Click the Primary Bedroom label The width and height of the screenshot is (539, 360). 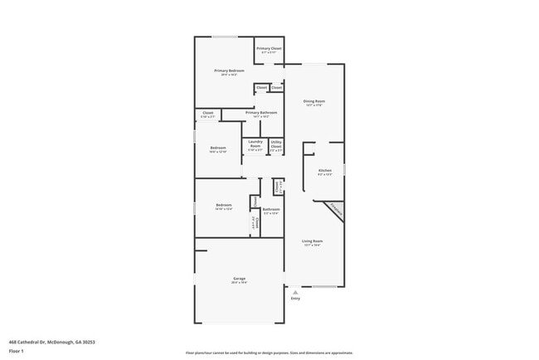coord(229,71)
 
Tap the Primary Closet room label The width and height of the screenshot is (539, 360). coord(269,49)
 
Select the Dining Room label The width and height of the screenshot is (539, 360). coord(314,101)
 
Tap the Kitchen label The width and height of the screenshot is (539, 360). coord(325,170)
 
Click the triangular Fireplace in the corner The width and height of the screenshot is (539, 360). coord(334,209)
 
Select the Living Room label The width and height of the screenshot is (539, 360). coord(313,241)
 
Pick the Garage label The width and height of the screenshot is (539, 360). coord(239,278)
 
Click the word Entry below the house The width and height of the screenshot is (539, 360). coord(295,299)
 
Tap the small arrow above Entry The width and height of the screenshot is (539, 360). coord(295,291)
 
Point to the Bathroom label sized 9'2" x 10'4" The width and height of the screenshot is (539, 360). coord(271,209)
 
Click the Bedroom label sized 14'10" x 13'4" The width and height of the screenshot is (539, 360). coord(224,204)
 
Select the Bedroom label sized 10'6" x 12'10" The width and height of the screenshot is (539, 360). coord(217,148)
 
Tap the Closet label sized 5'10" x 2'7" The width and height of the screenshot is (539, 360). coord(208,113)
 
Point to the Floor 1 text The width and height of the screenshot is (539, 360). coord(17,352)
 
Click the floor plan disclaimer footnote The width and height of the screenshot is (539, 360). coord(269,353)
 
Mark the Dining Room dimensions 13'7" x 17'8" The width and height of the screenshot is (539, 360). coord(314,105)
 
